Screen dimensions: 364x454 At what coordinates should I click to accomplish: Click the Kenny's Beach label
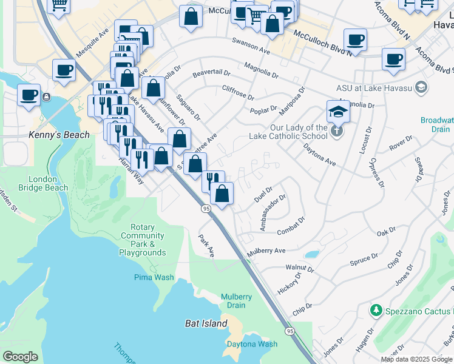[59, 135]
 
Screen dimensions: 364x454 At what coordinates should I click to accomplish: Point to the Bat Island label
[206, 324]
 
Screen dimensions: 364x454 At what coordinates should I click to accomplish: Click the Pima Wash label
[154, 277]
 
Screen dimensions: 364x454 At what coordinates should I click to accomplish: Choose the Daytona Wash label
[252, 344]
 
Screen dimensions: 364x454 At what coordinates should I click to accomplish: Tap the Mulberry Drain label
[236, 301]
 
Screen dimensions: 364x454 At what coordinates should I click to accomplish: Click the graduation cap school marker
[338, 111]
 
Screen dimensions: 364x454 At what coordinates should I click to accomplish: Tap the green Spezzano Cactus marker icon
[376, 311]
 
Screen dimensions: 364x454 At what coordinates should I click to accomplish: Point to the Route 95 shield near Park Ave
[206, 209]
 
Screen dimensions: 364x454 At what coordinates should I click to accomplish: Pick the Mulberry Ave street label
[265, 251]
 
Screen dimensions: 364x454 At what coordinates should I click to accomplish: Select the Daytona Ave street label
[319, 154]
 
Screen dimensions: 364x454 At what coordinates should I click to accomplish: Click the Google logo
[20, 356]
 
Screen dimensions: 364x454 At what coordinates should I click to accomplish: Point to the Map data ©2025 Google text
[416, 359]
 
